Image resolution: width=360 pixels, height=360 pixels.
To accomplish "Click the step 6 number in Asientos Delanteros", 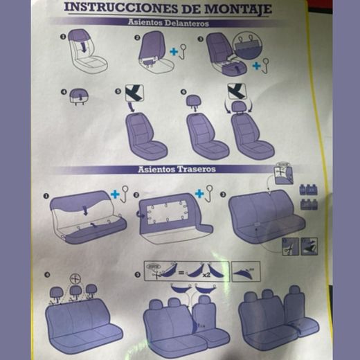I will (x=183, y=91).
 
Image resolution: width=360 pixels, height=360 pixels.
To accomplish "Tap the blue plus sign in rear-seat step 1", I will (x=114, y=190).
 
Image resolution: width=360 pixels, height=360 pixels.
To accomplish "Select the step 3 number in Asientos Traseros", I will (x=222, y=195).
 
